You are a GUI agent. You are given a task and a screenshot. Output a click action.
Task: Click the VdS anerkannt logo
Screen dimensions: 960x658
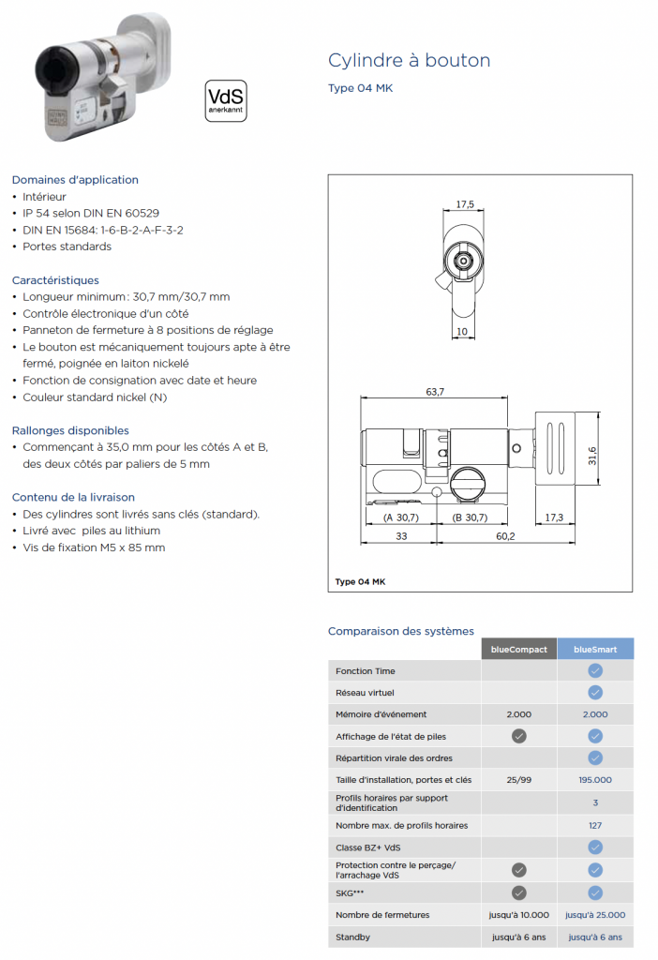[226, 100]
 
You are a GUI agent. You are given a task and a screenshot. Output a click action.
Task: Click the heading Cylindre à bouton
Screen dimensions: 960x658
[409, 61]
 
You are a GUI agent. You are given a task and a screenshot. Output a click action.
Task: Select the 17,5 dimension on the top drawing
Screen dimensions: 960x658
[465, 204]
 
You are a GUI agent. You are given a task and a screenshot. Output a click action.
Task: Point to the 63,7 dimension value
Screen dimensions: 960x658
[435, 392]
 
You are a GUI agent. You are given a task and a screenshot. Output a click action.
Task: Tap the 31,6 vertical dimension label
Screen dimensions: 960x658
[592, 456]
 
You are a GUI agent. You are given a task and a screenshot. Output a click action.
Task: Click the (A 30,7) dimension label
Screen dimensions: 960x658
[400, 517]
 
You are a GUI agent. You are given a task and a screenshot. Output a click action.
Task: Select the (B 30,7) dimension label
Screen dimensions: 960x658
[470, 517]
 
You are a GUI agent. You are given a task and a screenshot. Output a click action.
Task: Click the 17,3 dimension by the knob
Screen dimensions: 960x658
[553, 517]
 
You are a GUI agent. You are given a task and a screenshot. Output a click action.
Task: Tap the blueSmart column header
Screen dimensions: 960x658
[595, 649]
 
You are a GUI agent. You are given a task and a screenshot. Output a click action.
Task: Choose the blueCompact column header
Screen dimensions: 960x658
[519, 649]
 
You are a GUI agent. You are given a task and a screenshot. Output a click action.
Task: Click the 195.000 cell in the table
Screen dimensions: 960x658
[595, 780]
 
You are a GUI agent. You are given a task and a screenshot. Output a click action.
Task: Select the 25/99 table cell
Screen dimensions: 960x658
[519, 780]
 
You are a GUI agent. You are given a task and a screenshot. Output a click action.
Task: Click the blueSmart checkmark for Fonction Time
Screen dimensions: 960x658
[595, 671]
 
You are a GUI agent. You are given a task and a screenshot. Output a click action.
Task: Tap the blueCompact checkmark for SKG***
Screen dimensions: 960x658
[519, 893]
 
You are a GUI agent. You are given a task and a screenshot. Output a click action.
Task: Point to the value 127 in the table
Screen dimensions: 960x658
[595, 825]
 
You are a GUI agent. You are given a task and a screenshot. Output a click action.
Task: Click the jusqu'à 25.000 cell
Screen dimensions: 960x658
[595, 915]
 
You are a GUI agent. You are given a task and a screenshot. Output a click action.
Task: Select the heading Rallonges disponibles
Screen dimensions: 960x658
[70, 430]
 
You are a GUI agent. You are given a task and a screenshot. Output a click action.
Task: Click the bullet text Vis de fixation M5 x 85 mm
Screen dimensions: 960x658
[94, 547]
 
